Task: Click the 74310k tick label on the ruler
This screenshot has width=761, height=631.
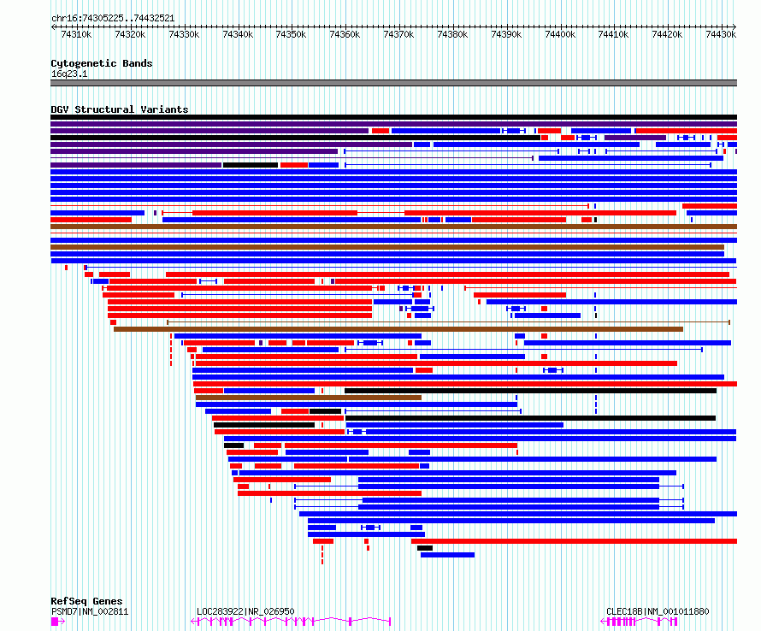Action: (76, 34)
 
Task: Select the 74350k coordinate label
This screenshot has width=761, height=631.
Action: (291, 34)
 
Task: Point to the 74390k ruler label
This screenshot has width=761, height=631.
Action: (506, 34)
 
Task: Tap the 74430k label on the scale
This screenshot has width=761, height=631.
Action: (721, 34)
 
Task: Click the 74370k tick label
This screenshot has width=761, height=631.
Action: (398, 34)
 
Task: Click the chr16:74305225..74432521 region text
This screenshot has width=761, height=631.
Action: (113, 18)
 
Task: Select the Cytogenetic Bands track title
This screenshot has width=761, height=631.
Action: (102, 63)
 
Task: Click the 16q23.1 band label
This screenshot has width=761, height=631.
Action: (69, 74)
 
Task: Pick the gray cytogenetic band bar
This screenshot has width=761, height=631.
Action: (393, 83)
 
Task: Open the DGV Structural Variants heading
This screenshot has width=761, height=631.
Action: (120, 109)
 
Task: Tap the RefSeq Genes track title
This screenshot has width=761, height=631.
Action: (86, 601)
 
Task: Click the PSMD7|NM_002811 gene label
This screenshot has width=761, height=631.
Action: (90, 611)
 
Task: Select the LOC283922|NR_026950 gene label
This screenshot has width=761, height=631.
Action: (245, 611)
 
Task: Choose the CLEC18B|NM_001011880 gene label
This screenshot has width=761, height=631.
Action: (658, 611)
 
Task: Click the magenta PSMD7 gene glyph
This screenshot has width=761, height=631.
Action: (57, 622)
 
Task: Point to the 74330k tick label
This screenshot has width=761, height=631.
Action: (184, 34)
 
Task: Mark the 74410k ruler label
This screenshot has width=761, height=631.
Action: (613, 34)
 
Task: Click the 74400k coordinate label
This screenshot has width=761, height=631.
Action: (559, 34)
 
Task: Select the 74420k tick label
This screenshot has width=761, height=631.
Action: (667, 34)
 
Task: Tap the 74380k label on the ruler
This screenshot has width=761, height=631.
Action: (452, 34)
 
